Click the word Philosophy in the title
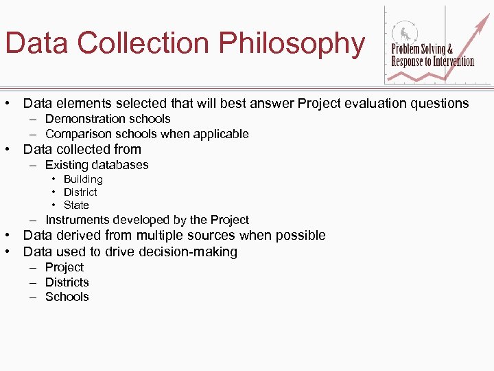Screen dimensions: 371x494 (292, 43)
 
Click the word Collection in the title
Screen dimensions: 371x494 (144, 43)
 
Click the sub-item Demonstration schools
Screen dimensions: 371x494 (108, 119)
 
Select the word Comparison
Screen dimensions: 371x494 (76, 134)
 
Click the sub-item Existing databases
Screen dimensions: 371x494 (97, 165)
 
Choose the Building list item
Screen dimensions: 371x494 (83, 179)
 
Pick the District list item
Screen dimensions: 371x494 (80, 192)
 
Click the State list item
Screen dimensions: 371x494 (76, 205)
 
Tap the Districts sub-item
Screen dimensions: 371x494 (67, 282)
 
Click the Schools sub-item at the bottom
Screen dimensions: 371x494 (67, 297)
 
